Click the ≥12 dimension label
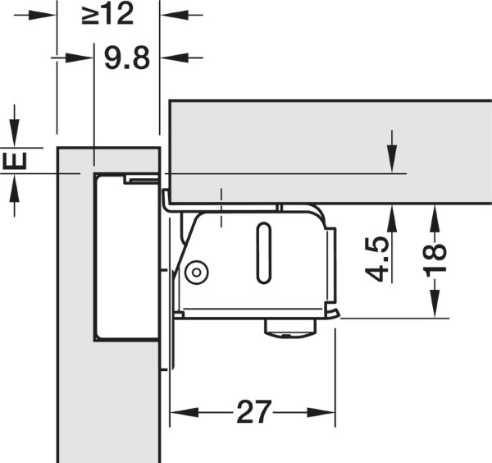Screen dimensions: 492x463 [107, 13]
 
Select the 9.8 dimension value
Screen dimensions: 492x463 [127, 57]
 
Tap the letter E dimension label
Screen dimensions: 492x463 [15, 161]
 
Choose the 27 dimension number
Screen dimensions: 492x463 [253, 412]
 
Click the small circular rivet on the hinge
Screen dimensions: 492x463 [197, 272]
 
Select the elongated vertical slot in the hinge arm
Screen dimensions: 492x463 [264, 253]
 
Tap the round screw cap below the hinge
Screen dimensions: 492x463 [289, 328]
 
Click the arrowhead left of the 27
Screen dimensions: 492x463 [184, 412]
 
